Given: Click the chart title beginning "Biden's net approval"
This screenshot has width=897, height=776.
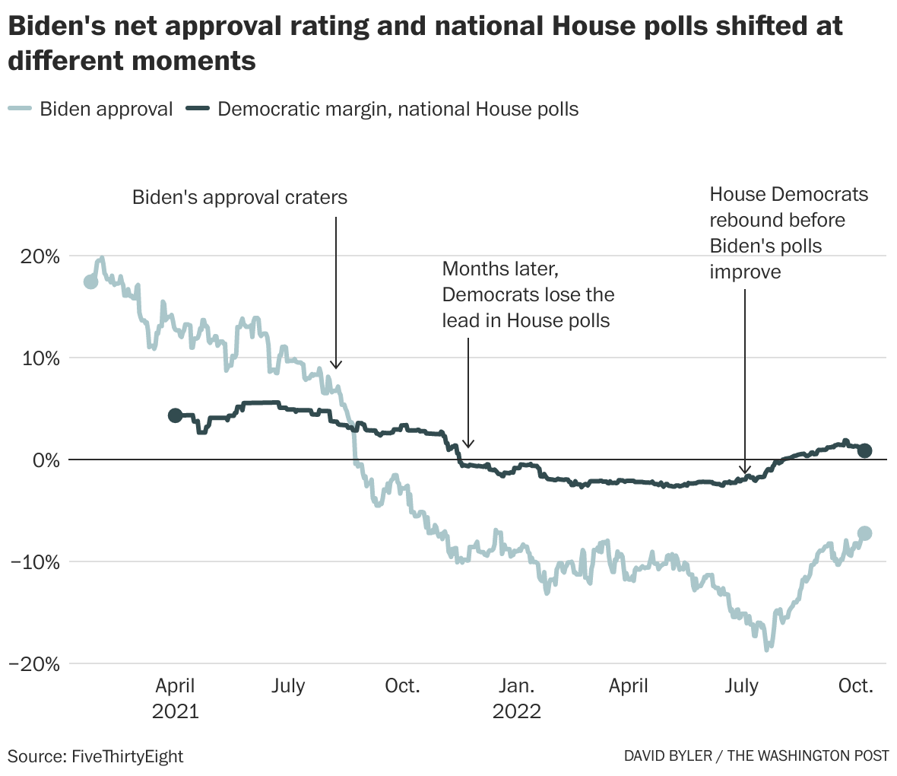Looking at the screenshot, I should pyautogui.click(x=426, y=42).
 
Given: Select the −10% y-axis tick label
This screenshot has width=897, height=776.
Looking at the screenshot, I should pyautogui.click(x=34, y=561).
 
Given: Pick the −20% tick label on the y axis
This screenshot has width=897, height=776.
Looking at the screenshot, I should pyautogui.click(x=34, y=663).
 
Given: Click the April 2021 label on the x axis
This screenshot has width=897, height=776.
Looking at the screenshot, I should pyautogui.click(x=176, y=698).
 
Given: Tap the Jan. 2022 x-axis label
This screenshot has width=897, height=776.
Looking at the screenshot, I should pyautogui.click(x=517, y=698).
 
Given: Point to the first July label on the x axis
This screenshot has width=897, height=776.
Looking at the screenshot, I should pyautogui.click(x=288, y=686).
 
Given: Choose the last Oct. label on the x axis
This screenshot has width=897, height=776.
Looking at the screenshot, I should pyautogui.click(x=856, y=686).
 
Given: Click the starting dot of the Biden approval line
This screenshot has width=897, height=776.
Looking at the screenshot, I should pyautogui.click(x=90, y=281).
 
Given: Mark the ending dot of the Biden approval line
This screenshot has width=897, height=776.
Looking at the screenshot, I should pyautogui.click(x=864, y=533).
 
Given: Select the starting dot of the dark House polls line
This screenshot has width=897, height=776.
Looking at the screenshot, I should pyautogui.click(x=175, y=415).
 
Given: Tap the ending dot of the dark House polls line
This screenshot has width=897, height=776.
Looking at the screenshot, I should pyautogui.click(x=864, y=450).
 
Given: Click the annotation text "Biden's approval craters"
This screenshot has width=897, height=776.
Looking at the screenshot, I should pyautogui.click(x=239, y=198).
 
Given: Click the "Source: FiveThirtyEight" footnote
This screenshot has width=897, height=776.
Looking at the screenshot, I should pyautogui.click(x=96, y=756).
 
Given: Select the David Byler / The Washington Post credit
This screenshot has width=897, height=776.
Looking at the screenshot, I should pyautogui.click(x=756, y=756).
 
